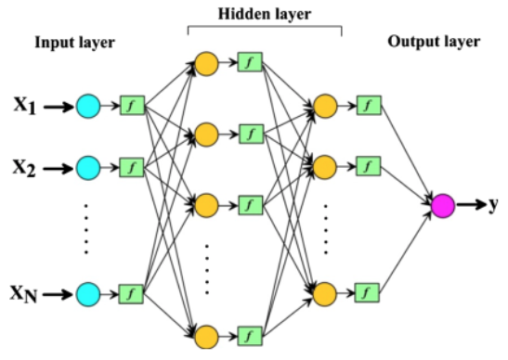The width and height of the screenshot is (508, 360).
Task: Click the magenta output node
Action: [x=442, y=205]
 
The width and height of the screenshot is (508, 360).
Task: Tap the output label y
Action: [x=494, y=205]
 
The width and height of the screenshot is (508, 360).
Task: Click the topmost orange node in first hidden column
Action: [x=206, y=64]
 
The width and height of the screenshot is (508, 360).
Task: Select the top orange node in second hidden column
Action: [x=325, y=105]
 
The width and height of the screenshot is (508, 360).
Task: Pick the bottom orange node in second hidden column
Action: [x=325, y=294]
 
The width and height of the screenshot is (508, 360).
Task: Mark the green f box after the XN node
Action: [x=130, y=294]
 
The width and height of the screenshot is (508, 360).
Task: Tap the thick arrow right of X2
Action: [x=58, y=168]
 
